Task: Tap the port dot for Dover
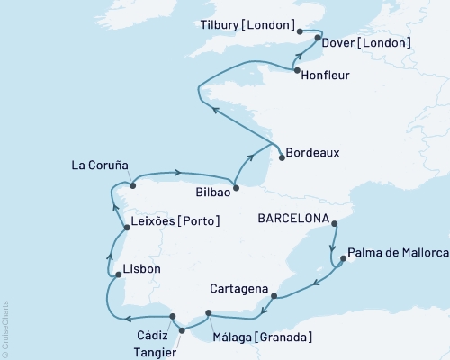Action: [x=318, y=39]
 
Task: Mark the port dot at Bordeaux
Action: [x=282, y=158]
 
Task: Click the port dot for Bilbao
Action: [x=236, y=188]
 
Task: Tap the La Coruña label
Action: [x=99, y=166]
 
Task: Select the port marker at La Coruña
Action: [x=132, y=186]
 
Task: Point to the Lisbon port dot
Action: [x=118, y=274]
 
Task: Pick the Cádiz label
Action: [x=152, y=336]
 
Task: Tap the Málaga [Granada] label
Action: [x=262, y=337]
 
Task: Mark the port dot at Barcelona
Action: [x=333, y=223]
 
